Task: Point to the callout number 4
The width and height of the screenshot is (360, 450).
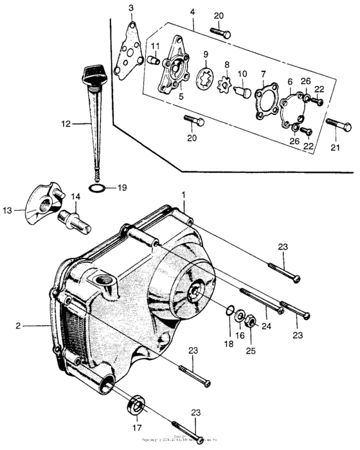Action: coord(192,11)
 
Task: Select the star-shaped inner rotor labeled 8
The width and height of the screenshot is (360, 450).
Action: coord(226,84)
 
